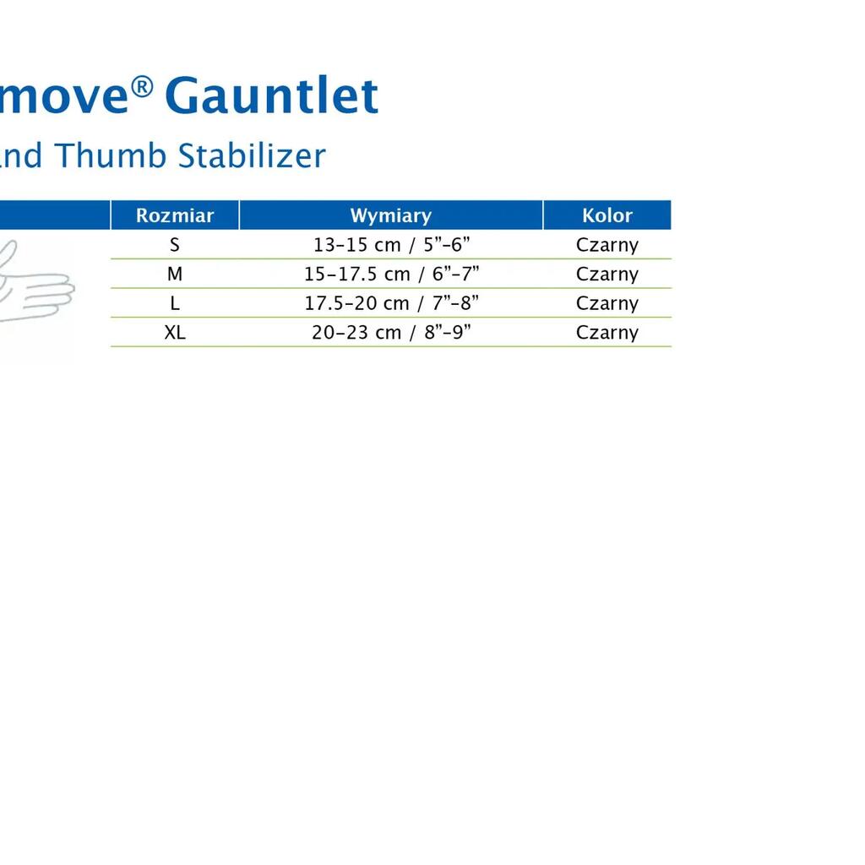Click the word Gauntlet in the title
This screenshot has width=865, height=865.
click(271, 95)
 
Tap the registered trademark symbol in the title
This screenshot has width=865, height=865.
click(142, 87)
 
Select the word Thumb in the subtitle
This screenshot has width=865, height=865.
click(111, 155)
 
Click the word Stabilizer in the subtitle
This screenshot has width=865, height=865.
click(252, 155)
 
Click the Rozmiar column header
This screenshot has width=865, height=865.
click(175, 215)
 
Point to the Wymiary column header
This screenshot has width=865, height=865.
click(391, 215)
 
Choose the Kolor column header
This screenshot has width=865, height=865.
click(607, 215)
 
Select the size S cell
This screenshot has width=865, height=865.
click(175, 244)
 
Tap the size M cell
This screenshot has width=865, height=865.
click(175, 274)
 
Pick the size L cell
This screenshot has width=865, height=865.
click(175, 303)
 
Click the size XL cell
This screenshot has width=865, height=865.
click(175, 332)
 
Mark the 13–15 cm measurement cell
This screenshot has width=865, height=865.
click(391, 244)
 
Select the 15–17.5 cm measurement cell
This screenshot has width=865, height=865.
click(391, 274)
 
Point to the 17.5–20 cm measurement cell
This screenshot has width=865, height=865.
click(391, 303)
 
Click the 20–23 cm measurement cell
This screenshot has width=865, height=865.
click(391, 332)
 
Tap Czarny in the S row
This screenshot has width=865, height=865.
click(607, 245)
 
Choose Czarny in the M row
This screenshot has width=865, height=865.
click(607, 275)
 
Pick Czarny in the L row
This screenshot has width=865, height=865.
click(607, 303)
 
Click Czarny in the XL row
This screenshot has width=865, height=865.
click(607, 333)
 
